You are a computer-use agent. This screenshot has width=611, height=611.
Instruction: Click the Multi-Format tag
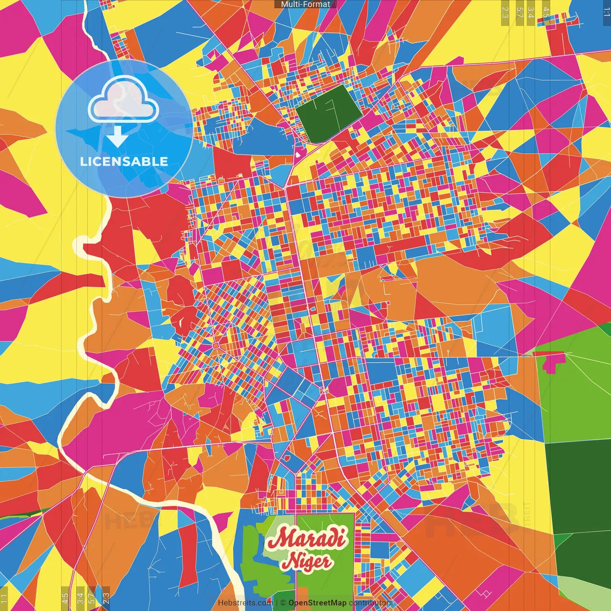[305, 4]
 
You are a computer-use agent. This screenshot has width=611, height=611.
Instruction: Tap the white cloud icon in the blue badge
[123, 100]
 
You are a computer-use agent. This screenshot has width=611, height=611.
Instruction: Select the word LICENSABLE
[124, 161]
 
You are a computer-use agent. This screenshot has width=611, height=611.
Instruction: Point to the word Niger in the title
[306, 561]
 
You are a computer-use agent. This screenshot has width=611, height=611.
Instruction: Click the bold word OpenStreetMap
[317, 603]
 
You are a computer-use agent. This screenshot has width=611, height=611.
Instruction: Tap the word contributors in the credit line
[371, 603]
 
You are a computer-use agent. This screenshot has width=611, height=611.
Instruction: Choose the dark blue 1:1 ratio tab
[606, 12]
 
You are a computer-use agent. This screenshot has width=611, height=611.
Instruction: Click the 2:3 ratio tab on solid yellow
[505, 12]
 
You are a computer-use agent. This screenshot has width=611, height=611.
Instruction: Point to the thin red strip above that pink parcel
[549, 354]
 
